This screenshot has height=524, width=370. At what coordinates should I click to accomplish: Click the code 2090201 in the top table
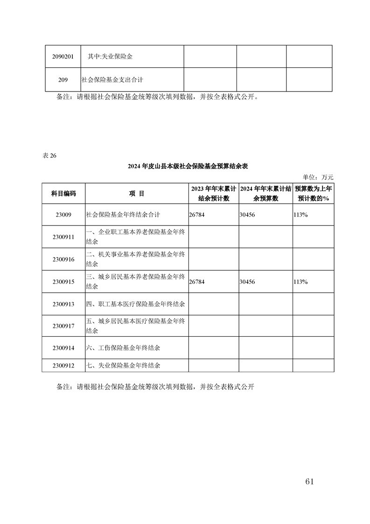[63, 57]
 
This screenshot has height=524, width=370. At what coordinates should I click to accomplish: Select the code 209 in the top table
[63, 80]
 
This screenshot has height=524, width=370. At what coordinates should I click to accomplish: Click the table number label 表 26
[49, 156]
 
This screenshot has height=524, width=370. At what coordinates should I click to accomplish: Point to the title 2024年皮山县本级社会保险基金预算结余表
[188, 166]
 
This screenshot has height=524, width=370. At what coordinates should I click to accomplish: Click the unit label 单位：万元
[318, 177]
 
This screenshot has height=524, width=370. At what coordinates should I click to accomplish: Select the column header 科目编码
[63, 193]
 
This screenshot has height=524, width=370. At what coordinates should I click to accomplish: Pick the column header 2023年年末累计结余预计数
[213, 193]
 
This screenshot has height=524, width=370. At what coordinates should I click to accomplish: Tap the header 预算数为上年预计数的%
[313, 193]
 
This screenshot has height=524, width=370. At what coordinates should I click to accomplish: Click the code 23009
[63, 215]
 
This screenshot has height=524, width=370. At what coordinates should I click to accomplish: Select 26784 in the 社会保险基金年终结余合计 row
[197, 215]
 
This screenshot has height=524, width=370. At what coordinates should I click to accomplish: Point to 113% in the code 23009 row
[300, 215]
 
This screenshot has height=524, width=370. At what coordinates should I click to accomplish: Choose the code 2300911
[63, 237]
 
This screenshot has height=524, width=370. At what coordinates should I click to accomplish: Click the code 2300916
[63, 260]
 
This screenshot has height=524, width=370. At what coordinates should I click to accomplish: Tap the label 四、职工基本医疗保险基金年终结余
[136, 304]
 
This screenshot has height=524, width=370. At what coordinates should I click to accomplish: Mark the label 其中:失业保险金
[110, 57]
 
